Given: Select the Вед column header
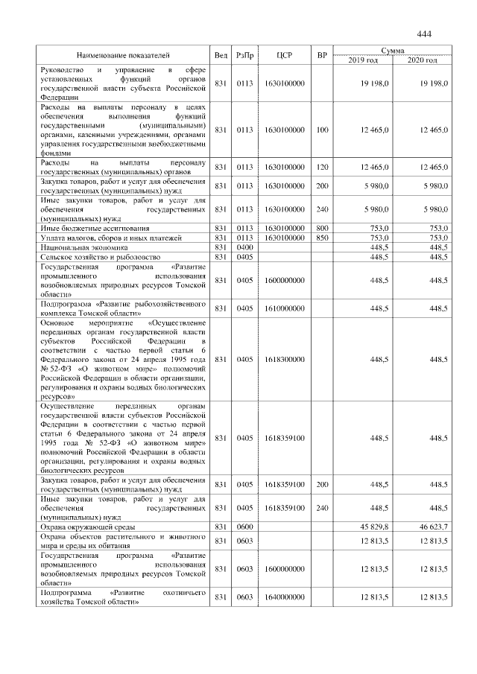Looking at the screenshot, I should coord(221,55).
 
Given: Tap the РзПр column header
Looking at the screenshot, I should coord(244,55).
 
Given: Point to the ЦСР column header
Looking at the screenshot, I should coord(284,55).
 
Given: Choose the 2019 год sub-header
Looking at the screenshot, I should coord(362,60).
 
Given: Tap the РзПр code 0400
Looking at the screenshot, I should coord(244,247).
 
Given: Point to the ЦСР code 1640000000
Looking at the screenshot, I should coord(284,597).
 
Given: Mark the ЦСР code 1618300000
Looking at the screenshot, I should coord(284,359).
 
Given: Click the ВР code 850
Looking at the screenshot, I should coord(321,237).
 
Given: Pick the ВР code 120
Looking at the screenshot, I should coord(321,167).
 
